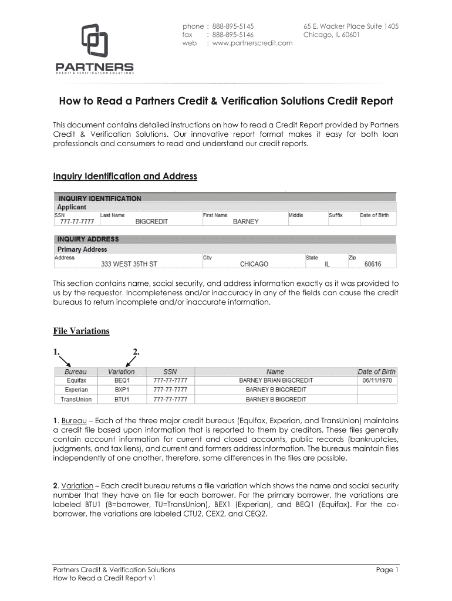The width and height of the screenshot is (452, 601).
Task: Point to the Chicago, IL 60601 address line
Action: click(x=332, y=35)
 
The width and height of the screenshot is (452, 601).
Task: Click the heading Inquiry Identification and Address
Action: click(x=125, y=176)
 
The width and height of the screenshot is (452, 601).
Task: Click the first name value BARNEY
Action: click(x=246, y=222)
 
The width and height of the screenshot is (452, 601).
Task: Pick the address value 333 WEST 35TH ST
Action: click(x=129, y=264)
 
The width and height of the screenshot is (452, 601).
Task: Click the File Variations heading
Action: click(x=81, y=331)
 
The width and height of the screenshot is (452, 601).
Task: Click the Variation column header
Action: click(x=122, y=372)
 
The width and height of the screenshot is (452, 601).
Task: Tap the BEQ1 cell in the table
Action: click(x=122, y=380)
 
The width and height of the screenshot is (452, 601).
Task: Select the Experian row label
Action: click(x=76, y=390)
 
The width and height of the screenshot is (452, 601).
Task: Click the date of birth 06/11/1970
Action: click(x=377, y=380)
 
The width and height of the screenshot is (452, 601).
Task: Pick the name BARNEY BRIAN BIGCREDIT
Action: click(x=276, y=380)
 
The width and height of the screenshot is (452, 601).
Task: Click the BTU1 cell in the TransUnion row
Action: click(x=122, y=399)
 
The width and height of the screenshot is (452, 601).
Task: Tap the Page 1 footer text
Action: click(x=387, y=570)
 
